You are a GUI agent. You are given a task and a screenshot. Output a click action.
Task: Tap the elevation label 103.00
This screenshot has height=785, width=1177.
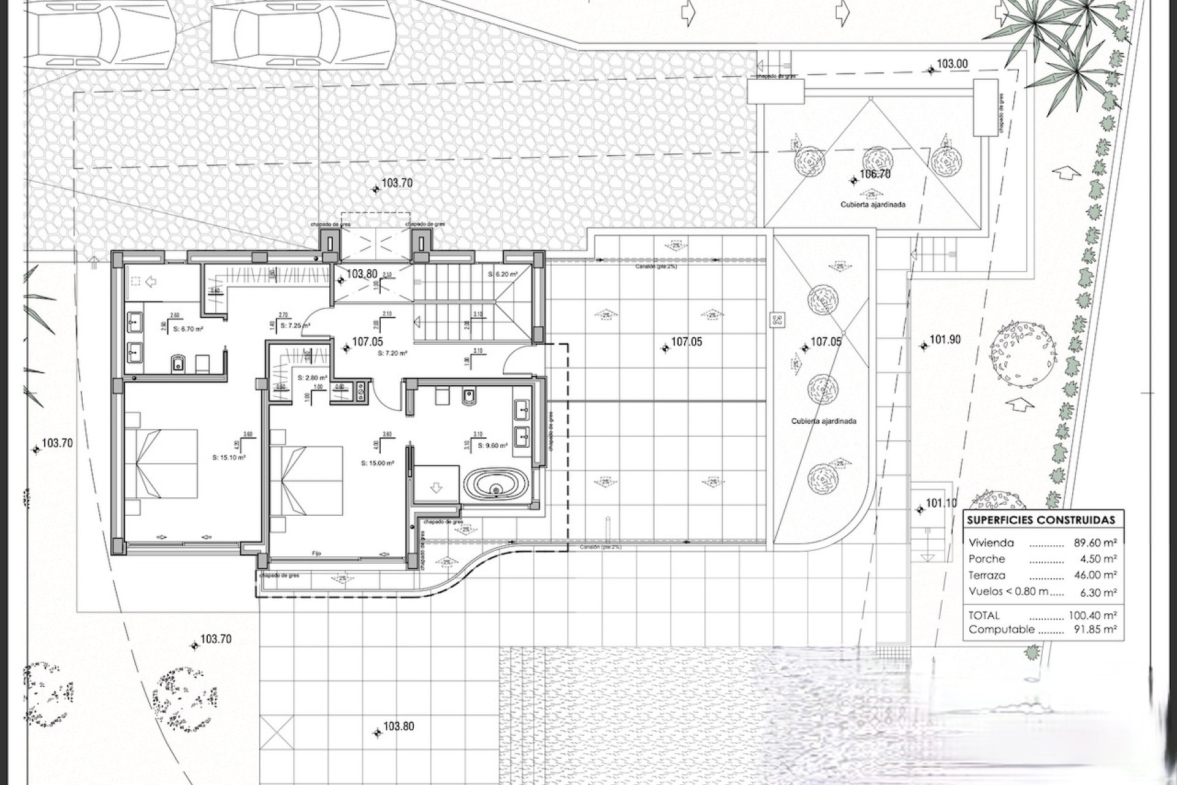(x=952, y=64)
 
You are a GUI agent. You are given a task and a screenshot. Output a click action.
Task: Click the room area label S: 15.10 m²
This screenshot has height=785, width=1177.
(x=229, y=457)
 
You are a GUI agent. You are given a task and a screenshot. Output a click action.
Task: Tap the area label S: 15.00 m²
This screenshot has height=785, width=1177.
(x=378, y=463)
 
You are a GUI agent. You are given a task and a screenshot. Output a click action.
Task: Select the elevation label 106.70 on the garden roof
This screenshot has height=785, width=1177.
(x=875, y=174)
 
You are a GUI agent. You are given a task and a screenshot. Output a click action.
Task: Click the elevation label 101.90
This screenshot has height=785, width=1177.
(x=945, y=340)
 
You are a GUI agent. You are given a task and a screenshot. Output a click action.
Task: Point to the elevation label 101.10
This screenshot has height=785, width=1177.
(x=940, y=504)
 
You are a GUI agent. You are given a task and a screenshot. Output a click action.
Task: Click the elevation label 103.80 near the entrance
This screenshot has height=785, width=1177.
(x=362, y=274)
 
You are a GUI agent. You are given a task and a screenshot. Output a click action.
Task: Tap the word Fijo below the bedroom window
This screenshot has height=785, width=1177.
(x=316, y=553)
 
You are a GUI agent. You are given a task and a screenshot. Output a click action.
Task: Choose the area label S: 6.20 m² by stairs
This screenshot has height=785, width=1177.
(x=503, y=274)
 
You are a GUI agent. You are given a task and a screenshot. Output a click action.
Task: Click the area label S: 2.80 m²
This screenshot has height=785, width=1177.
(x=312, y=378)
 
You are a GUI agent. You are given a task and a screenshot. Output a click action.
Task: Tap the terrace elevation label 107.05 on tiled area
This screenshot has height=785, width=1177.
(x=686, y=342)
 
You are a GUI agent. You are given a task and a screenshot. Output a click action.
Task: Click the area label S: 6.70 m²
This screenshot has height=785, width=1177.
(x=188, y=329)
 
